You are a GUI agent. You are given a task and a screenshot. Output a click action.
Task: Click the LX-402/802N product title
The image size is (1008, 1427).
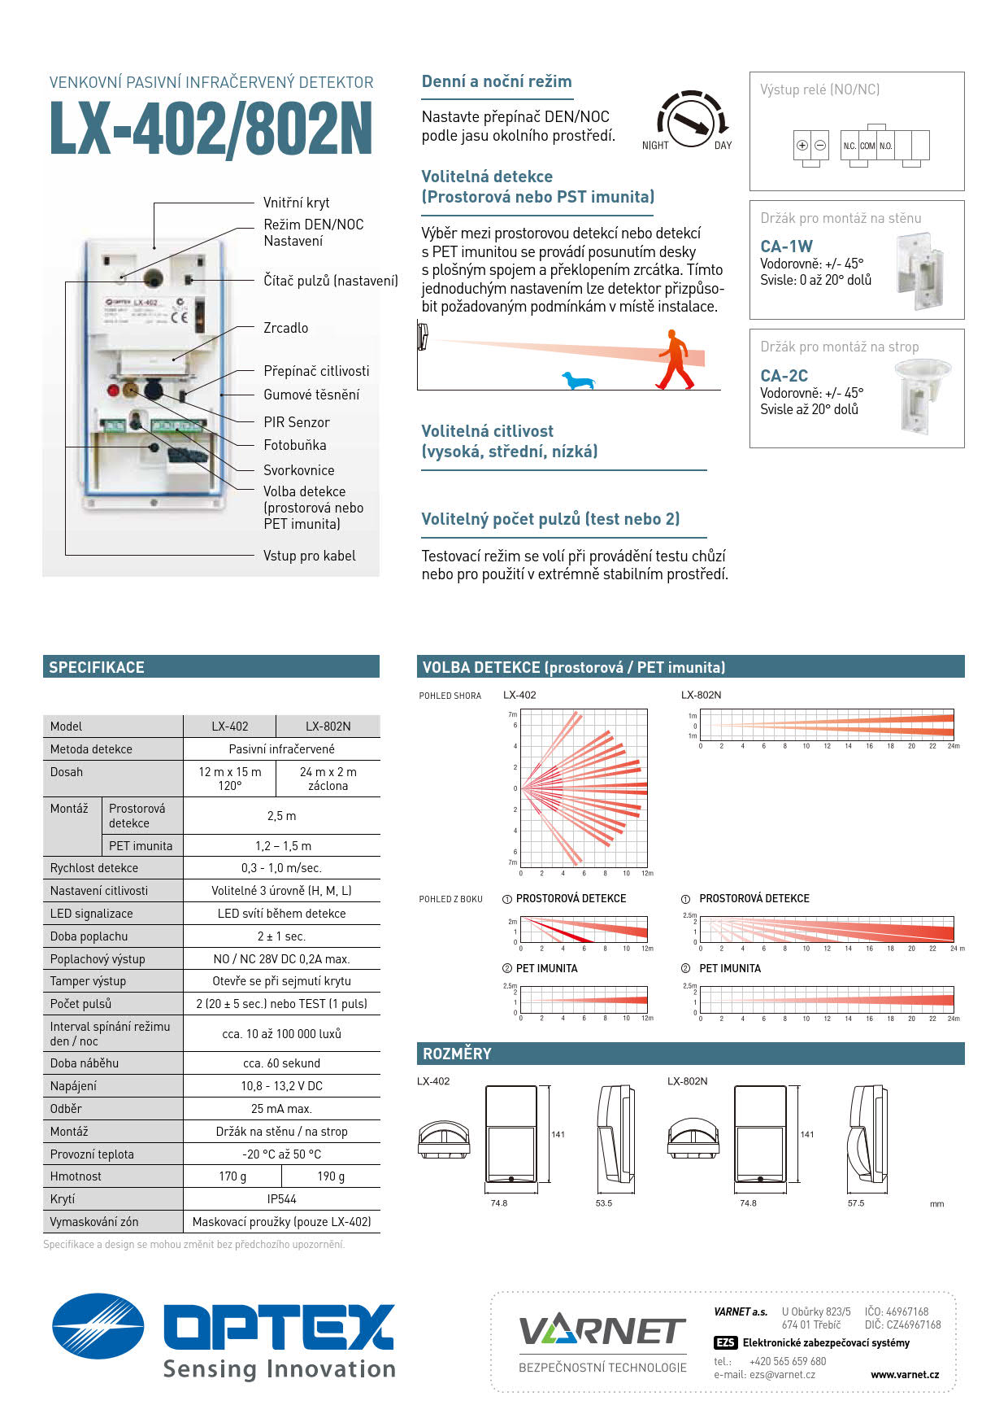[x=211, y=129]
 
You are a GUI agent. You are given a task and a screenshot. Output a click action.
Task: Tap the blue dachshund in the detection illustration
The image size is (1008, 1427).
[x=579, y=380]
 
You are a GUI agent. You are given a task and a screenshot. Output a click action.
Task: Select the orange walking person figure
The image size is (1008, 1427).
[x=675, y=360]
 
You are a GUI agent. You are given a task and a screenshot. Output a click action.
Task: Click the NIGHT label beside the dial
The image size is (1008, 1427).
[x=655, y=146]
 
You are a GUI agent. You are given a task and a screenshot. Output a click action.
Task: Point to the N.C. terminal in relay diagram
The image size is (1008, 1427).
[x=849, y=146]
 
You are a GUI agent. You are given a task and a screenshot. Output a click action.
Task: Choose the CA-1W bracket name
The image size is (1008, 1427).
[x=786, y=246]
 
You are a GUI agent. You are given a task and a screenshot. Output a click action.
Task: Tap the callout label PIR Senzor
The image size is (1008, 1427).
[x=296, y=422]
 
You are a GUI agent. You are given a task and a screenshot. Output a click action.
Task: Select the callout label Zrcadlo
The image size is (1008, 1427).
[x=285, y=328]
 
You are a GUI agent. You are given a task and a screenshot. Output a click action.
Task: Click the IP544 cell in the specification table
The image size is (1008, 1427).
[x=281, y=1199]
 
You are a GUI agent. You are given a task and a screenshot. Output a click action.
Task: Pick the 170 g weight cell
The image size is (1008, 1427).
[x=232, y=1176]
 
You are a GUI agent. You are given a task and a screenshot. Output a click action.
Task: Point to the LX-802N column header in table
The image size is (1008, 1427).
[x=328, y=727]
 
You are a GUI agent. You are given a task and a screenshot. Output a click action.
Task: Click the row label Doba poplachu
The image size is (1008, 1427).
[x=89, y=936]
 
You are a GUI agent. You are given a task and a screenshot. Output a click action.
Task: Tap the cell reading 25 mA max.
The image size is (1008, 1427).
[x=281, y=1109]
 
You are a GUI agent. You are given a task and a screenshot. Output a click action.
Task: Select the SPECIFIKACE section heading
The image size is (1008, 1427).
[x=97, y=667]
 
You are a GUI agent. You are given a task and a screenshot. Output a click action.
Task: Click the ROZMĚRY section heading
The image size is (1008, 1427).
[x=457, y=1054]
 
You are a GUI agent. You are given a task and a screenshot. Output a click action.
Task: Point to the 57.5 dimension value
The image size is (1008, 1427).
[x=856, y=1202]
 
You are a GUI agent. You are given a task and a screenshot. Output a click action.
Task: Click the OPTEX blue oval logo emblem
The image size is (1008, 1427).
[x=98, y=1326]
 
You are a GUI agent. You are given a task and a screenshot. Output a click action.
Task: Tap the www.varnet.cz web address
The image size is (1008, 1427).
[x=904, y=1374]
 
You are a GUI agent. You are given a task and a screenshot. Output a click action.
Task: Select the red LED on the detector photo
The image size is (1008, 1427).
[x=114, y=391]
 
